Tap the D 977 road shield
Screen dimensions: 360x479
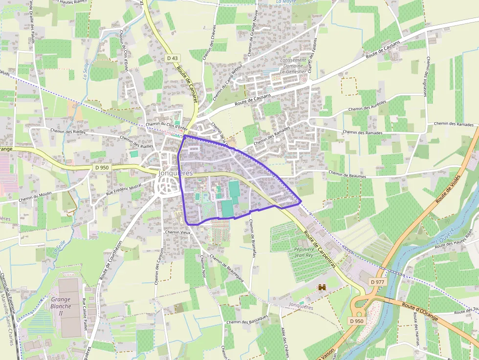point(378,282)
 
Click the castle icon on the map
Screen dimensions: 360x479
point(322,288)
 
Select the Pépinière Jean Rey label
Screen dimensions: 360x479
point(304,252)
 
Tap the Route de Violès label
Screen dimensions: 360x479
point(449,190)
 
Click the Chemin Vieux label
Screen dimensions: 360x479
point(178,232)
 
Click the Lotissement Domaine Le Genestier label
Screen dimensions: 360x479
point(293,65)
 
